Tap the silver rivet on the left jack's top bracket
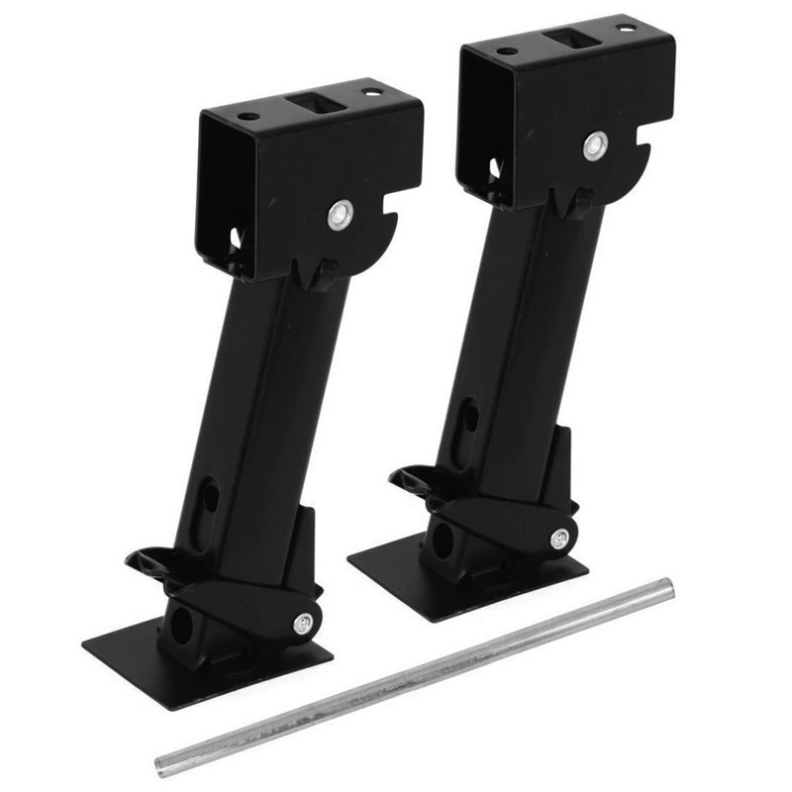[340, 214]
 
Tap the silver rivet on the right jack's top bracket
[594, 146]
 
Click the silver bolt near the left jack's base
[302, 624]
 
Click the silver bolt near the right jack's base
[559, 539]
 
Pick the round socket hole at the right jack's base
[442, 541]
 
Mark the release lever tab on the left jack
[147, 560]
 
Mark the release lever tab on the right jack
[408, 478]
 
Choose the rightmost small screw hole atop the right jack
[626, 27]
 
